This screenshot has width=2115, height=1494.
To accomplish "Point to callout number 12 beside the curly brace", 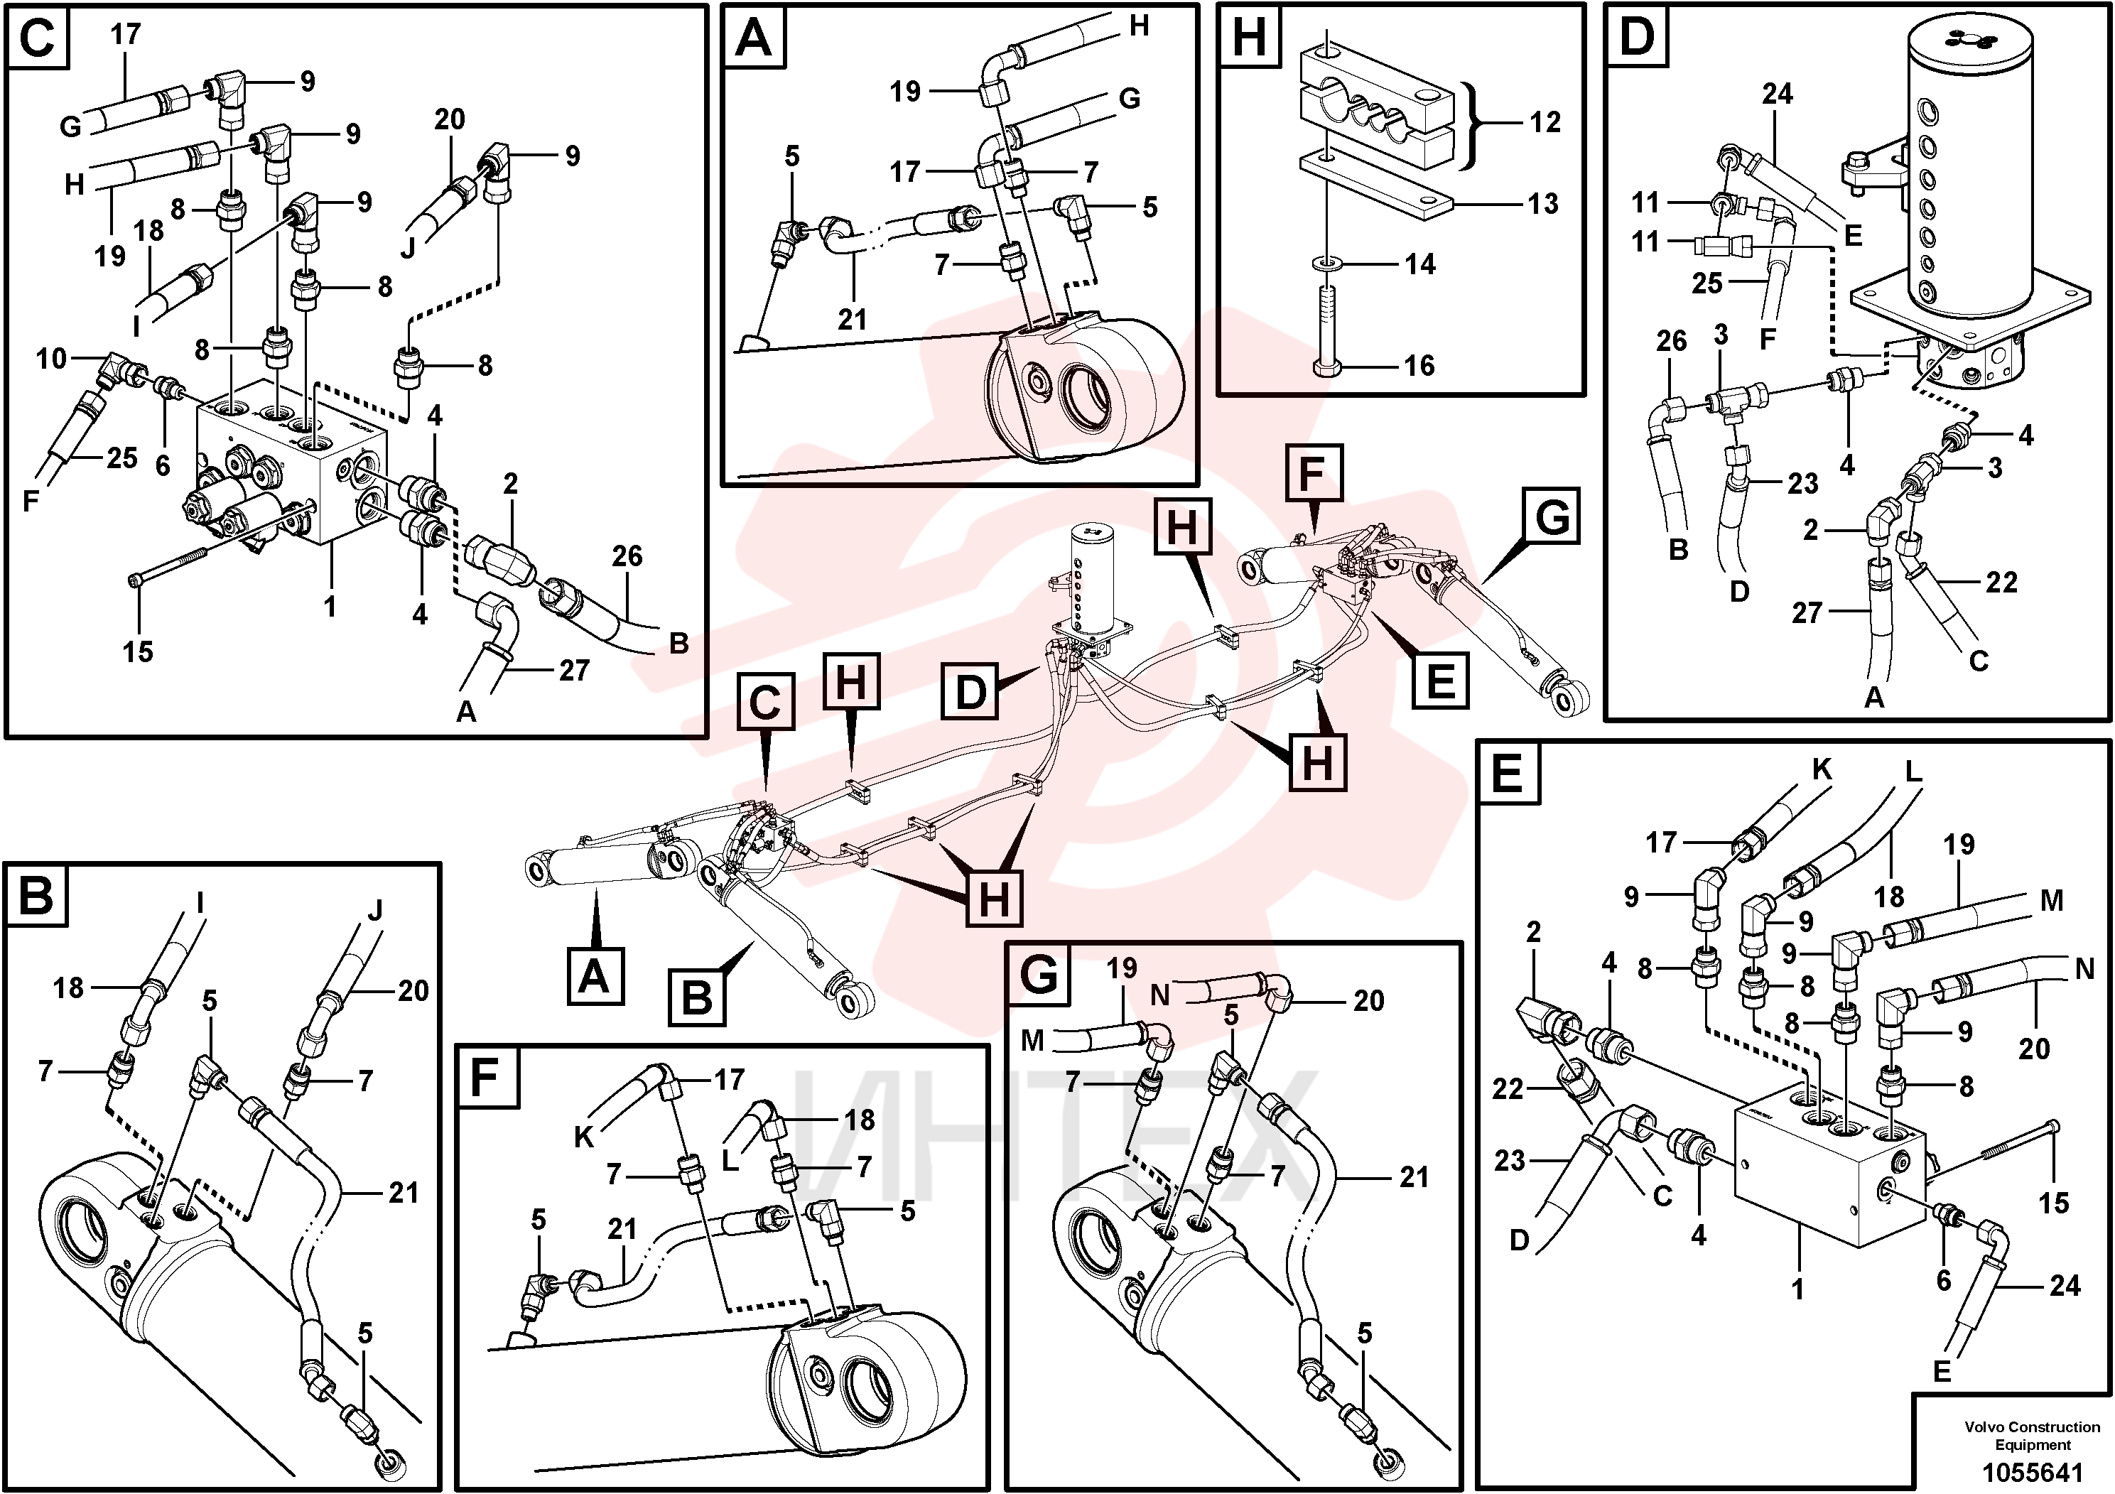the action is tap(1545, 121).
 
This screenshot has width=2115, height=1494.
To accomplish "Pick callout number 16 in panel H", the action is tap(1419, 366).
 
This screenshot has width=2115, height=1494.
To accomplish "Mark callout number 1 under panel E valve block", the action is tap(1797, 1288).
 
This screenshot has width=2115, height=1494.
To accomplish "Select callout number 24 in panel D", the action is tap(1777, 94).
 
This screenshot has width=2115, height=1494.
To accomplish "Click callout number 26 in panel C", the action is tap(627, 556).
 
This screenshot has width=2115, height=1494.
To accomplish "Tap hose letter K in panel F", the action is tap(584, 1137).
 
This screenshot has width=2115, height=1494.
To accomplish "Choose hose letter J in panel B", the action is tap(373, 911).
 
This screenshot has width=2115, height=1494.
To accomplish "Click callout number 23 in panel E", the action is tap(1510, 1161).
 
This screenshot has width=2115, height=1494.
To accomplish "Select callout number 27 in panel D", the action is tap(1807, 612).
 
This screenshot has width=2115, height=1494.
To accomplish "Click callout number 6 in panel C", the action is tap(163, 465).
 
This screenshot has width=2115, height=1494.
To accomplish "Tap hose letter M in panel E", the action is tap(2052, 900).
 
